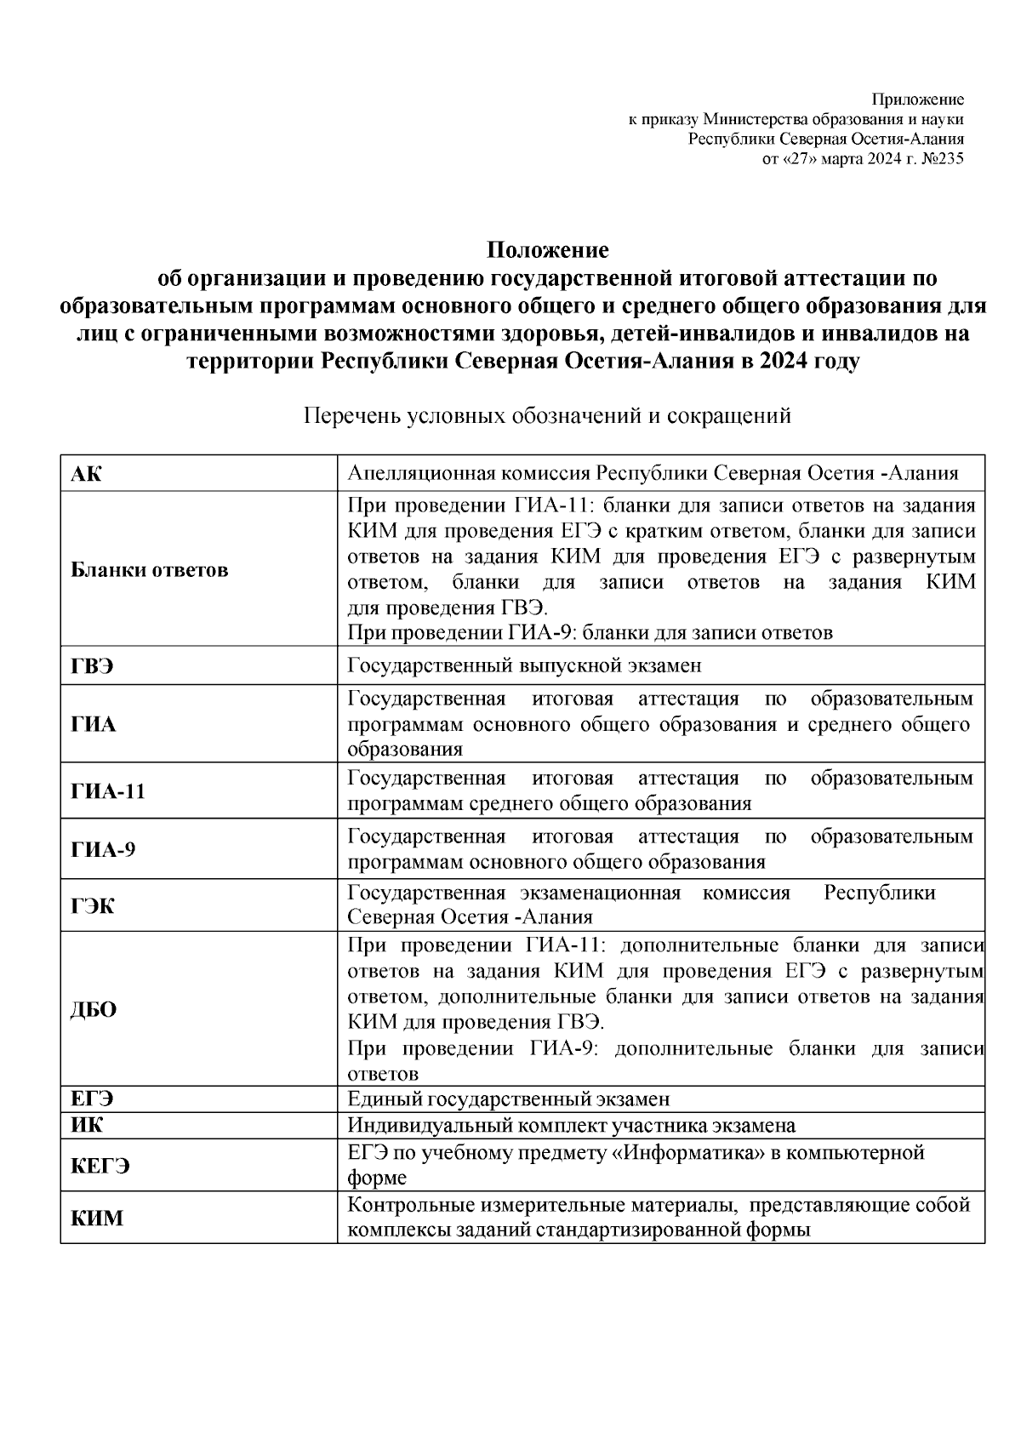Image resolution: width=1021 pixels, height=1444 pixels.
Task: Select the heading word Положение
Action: click(x=547, y=251)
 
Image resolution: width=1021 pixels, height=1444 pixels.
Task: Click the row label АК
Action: click(x=86, y=474)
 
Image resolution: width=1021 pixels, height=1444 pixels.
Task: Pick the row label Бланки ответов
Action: click(x=149, y=570)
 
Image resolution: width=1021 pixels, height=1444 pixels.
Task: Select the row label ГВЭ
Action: click(x=92, y=666)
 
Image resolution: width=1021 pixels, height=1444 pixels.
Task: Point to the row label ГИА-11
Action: click(x=108, y=791)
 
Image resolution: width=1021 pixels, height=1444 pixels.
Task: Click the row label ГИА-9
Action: click(x=102, y=849)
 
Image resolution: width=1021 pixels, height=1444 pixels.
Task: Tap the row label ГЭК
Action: click(x=92, y=906)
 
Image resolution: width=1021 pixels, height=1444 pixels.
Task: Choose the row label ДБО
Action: click(x=94, y=1010)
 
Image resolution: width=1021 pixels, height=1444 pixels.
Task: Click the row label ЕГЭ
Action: click(x=92, y=1099)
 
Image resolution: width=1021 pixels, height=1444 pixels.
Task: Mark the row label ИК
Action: click(x=86, y=1126)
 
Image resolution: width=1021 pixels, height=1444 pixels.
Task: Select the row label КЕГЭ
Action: click(x=100, y=1167)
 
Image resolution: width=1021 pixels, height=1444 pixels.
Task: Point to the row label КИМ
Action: click(x=96, y=1219)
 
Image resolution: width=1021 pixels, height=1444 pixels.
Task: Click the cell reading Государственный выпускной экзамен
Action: click(x=524, y=666)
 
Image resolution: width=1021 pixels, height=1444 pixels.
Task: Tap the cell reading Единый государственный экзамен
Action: click(x=509, y=1099)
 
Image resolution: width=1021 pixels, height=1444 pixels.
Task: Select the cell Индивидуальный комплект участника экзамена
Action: click(x=571, y=1126)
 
